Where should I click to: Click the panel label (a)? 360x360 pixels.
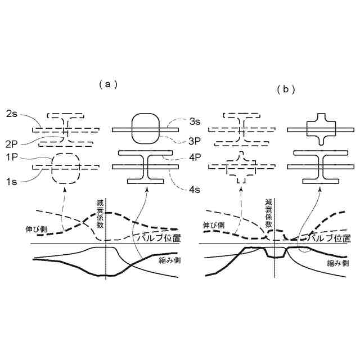(107, 84)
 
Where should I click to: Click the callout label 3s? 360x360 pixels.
(195, 121)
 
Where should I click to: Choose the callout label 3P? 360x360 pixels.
(195, 140)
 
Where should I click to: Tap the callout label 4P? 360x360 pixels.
(195, 158)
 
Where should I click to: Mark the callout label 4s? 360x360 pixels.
(195, 190)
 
